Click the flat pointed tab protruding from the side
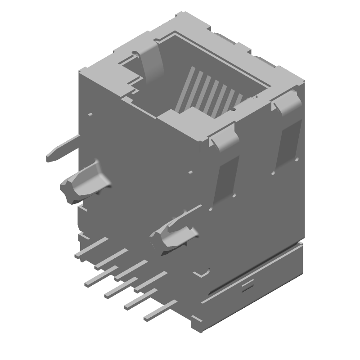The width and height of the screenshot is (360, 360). pos(61,150)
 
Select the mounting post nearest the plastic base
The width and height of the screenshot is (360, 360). pos(173,234)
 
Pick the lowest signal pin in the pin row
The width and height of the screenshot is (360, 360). pos(160,311)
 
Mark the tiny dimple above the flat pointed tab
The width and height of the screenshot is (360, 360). pos(90,115)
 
